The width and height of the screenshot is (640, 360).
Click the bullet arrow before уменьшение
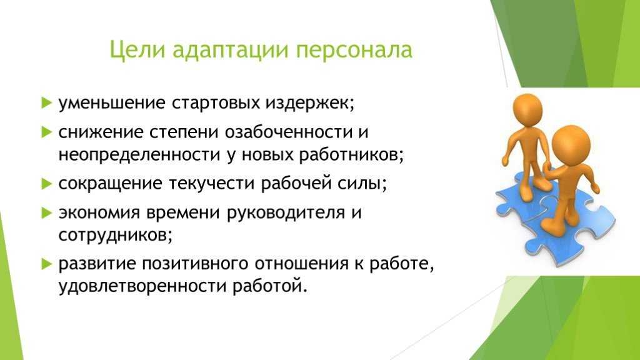47,102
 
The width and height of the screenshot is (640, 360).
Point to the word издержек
310,104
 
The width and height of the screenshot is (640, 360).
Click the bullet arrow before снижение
47,132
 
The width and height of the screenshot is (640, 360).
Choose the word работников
351,155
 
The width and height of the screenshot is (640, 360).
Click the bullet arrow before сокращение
47,184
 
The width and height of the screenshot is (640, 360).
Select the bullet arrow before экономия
47,212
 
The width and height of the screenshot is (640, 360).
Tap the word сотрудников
115,236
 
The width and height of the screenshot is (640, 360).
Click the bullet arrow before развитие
47,264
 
